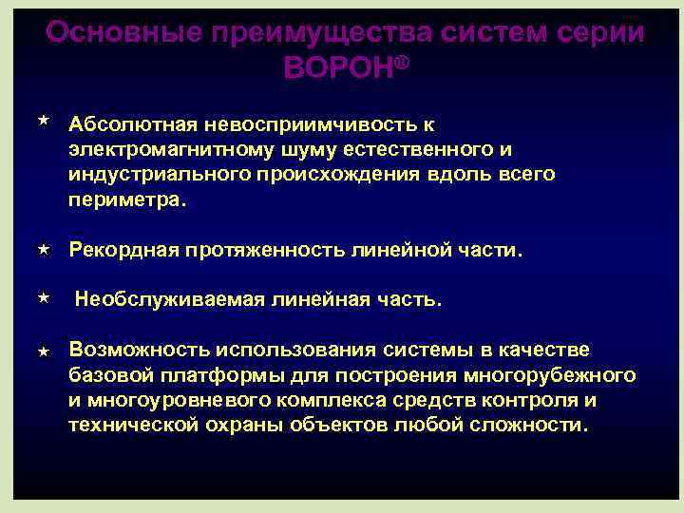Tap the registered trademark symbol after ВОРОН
pos(404,60)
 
